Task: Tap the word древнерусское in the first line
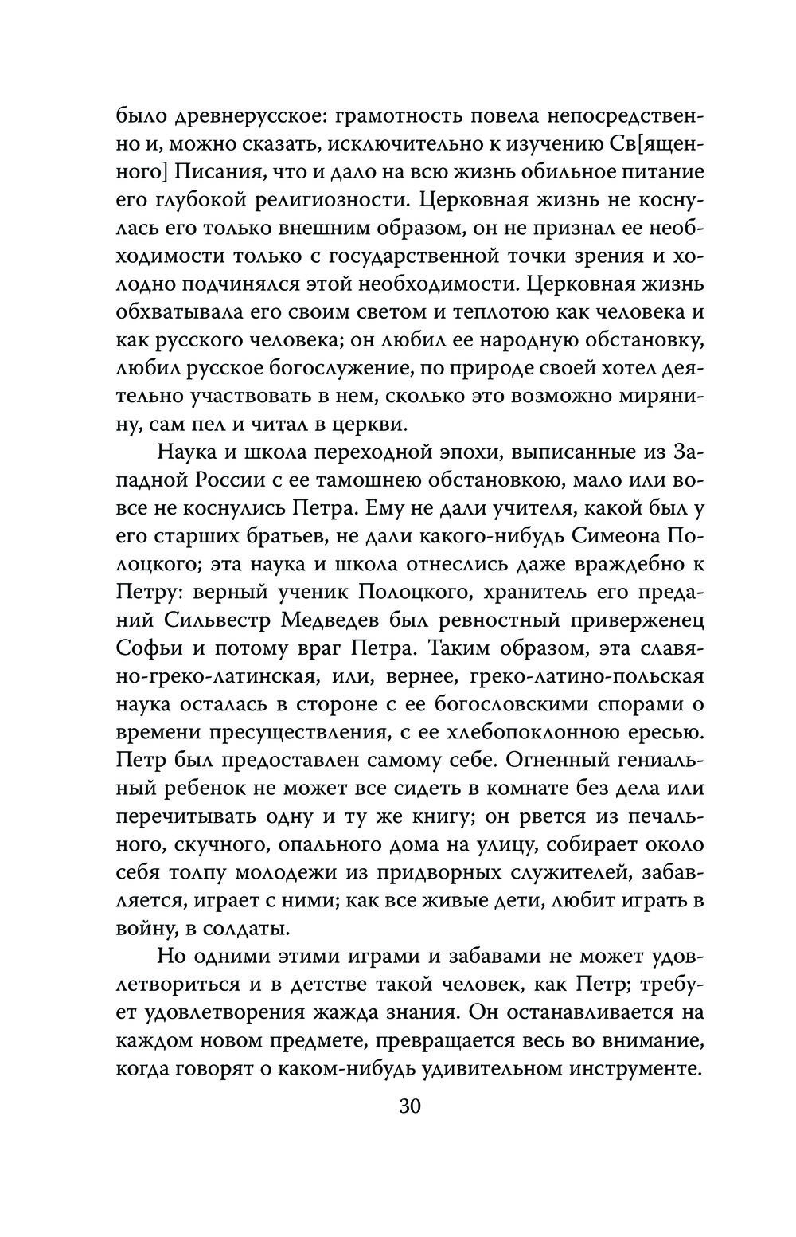pos(240,117)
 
